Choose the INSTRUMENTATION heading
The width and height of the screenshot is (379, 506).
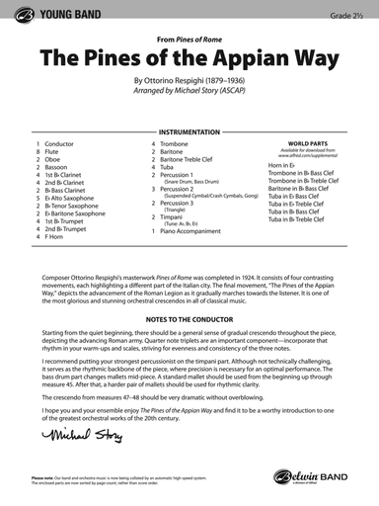pyautogui.click(x=189, y=128)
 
